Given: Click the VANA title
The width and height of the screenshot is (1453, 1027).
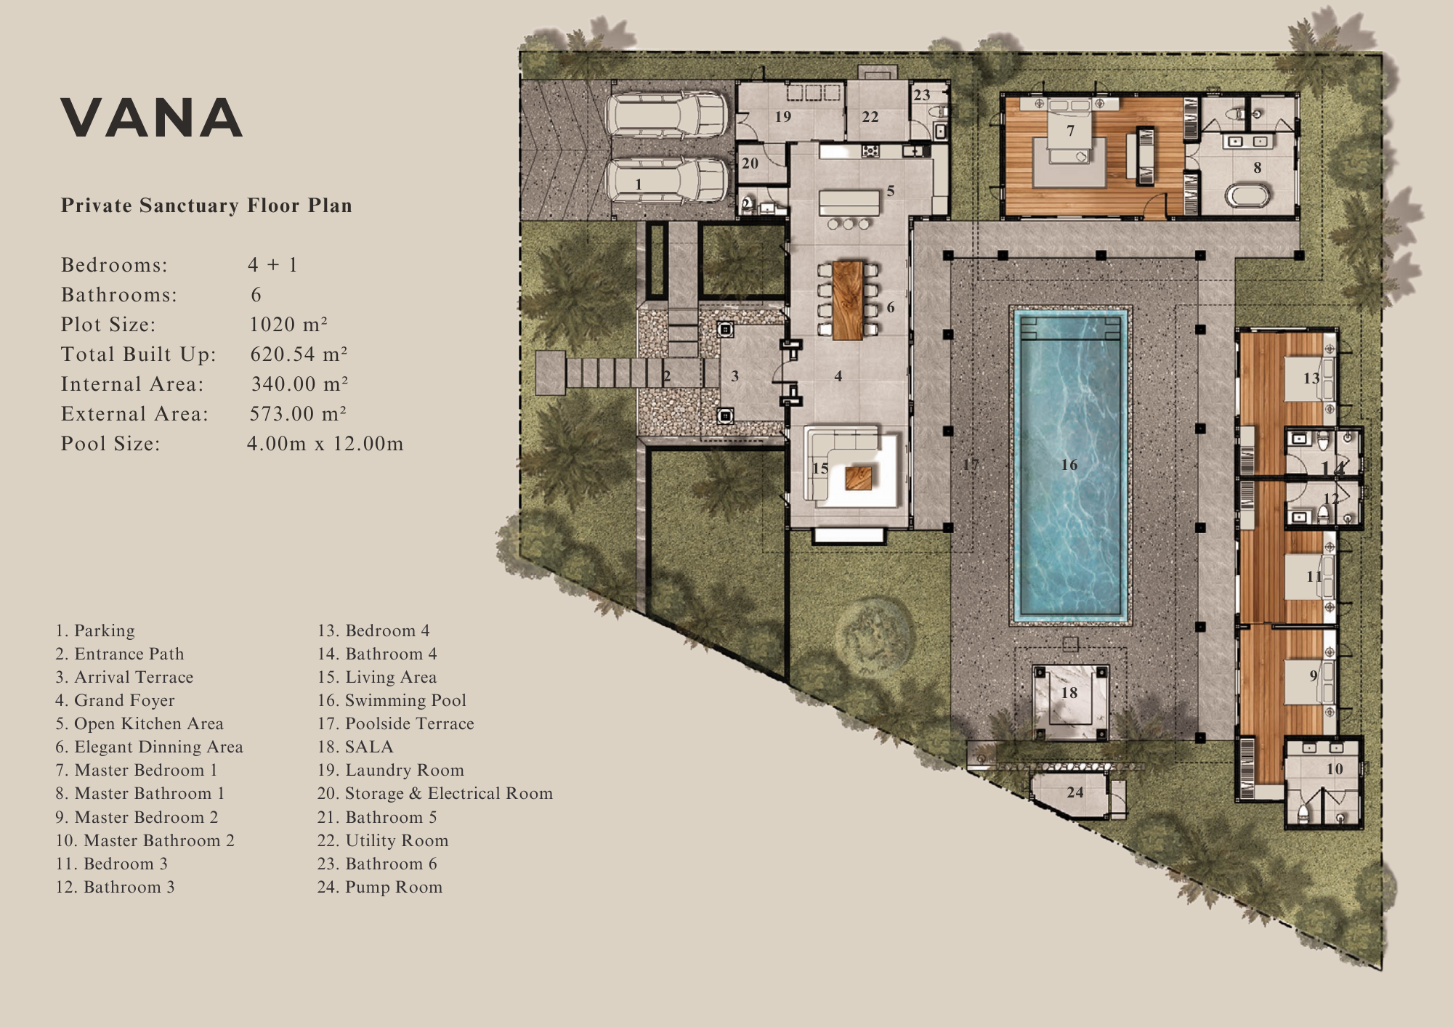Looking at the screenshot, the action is [151, 118].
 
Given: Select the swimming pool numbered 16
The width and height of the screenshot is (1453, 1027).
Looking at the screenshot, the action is [1070, 466].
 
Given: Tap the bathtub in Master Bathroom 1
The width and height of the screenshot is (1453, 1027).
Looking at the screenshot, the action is [1247, 195].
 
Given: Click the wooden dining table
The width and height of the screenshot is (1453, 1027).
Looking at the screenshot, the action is [848, 300].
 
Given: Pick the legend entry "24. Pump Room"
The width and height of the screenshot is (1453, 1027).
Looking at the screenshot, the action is [379, 887].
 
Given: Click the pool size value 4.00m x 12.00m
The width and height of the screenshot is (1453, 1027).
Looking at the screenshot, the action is [325, 444].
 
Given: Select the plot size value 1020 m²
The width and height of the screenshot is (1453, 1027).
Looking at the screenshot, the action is [288, 325].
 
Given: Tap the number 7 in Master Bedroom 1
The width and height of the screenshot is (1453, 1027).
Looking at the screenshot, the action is [1070, 131].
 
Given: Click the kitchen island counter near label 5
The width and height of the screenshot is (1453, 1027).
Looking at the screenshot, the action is [849, 203].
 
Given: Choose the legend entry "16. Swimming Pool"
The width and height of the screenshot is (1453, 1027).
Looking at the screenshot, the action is [392, 700].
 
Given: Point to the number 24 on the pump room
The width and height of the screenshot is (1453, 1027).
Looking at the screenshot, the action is [1075, 792].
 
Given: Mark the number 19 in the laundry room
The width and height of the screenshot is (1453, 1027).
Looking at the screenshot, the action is [782, 117].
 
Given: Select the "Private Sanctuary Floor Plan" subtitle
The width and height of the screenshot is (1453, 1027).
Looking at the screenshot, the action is [206, 206].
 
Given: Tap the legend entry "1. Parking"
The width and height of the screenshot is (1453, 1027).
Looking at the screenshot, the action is [95, 630].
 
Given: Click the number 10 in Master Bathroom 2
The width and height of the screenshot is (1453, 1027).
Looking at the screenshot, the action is [1335, 769].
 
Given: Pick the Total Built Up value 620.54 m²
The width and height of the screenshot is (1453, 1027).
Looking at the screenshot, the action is [299, 354].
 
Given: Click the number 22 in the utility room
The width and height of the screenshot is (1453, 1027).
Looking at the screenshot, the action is [870, 117].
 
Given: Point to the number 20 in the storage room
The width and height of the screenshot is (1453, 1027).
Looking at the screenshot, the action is [750, 163].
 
